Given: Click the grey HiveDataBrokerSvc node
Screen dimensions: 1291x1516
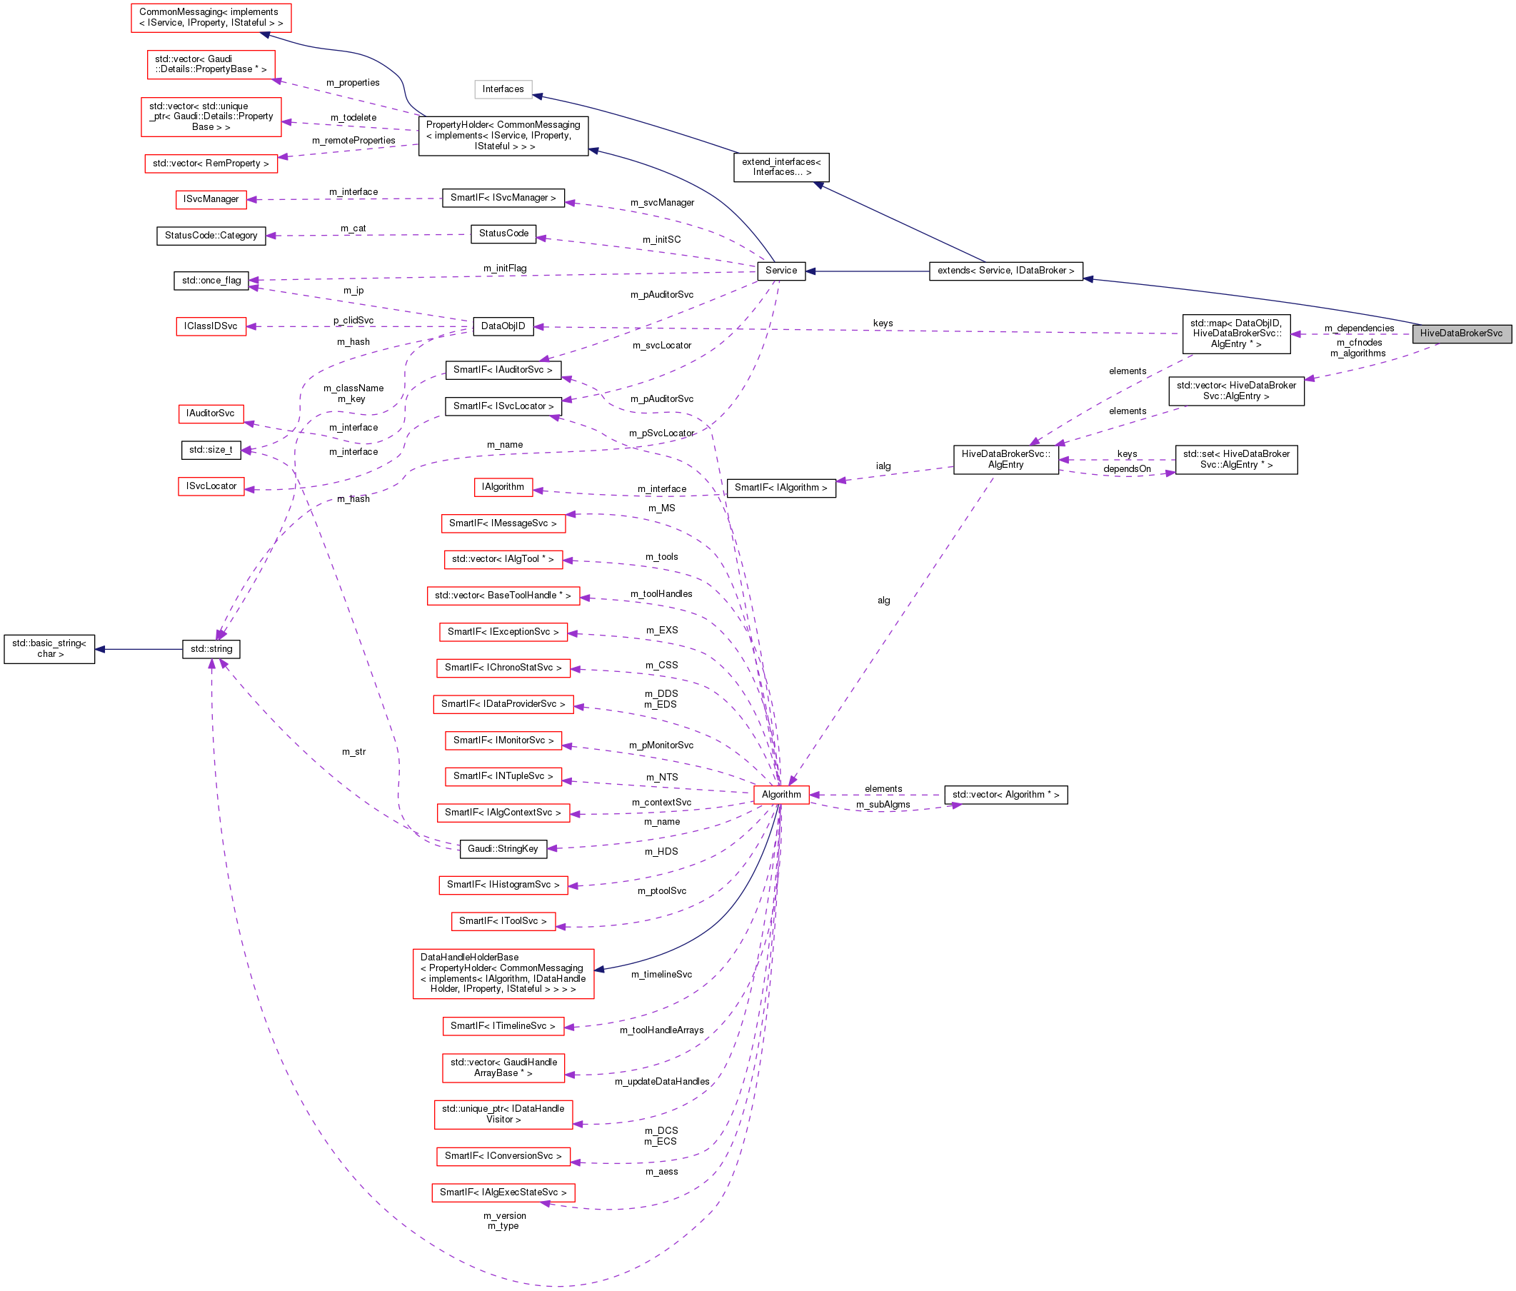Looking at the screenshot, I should click(1460, 333).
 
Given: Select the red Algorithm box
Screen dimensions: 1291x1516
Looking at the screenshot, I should click(780, 794).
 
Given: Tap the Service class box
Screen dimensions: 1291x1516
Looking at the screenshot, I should click(780, 271).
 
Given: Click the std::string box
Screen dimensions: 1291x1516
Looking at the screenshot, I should click(211, 649).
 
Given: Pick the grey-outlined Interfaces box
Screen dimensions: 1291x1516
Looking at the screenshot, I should click(503, 89).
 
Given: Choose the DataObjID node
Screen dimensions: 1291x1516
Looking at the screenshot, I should click(503, 326).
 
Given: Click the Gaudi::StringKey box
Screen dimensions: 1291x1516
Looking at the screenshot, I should click(503, 848).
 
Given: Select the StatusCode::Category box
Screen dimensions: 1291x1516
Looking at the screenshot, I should click(211, 236).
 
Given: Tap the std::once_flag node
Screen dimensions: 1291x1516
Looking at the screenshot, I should click(211, 280).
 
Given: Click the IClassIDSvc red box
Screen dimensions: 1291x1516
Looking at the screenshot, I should click(211, 326).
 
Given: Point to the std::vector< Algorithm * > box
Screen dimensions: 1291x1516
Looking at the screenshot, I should click(1005, 794).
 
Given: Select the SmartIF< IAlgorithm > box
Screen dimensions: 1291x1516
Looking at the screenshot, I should click(780, 488).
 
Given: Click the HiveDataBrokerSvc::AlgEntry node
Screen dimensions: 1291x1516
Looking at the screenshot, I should click(1005, 459).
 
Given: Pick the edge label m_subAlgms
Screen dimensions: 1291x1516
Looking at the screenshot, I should click(883, 805).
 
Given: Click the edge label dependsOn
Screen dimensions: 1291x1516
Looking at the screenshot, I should click(1127, 469).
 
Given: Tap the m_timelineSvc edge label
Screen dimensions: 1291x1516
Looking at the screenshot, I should click(661, 974).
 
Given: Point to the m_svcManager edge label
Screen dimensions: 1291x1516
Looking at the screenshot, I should click(662, 203).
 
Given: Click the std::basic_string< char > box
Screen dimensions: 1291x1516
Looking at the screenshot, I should click(49, 649).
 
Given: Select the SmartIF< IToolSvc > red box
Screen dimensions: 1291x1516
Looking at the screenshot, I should click(503, 921).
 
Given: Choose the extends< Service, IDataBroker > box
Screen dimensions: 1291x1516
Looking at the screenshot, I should click(1005, 271).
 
